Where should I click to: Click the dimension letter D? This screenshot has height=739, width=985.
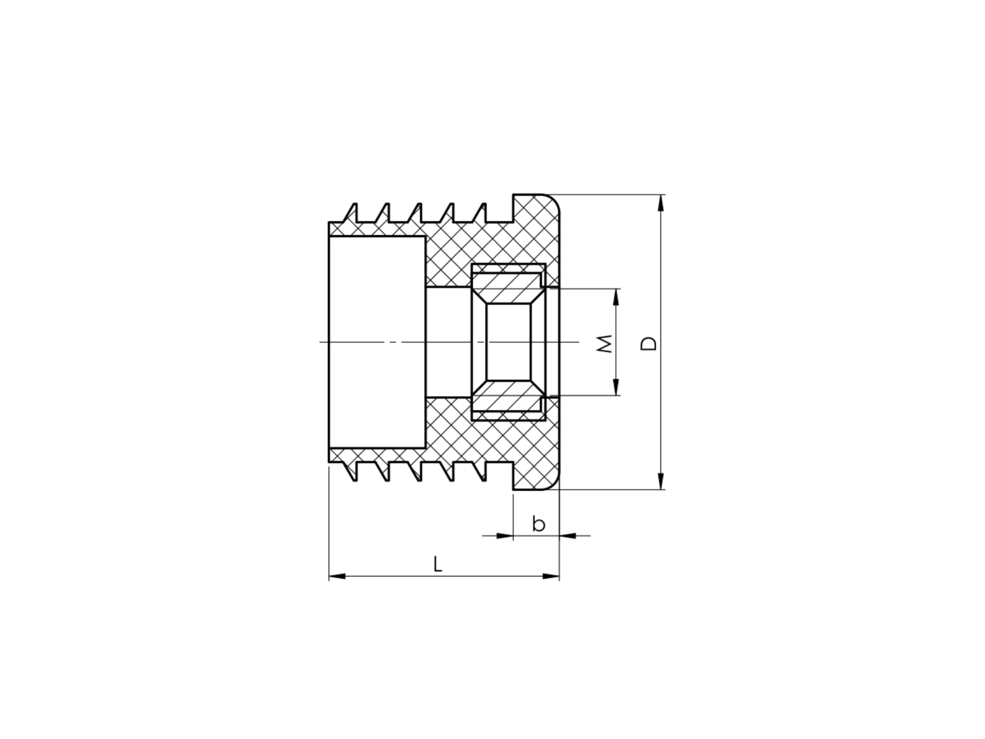coord(648,343)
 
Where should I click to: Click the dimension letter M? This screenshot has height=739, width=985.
coord(604,343)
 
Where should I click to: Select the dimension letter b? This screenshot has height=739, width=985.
coord(538,523)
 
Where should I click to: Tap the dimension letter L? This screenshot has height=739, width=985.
coord(438,564)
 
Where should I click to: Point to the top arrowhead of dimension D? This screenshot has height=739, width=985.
coord(660,203)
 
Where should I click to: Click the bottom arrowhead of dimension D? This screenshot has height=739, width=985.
coord(660,482)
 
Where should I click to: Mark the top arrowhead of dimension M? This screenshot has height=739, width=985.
coord(616,297)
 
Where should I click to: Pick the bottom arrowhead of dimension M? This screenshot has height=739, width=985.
coord(616,387)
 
